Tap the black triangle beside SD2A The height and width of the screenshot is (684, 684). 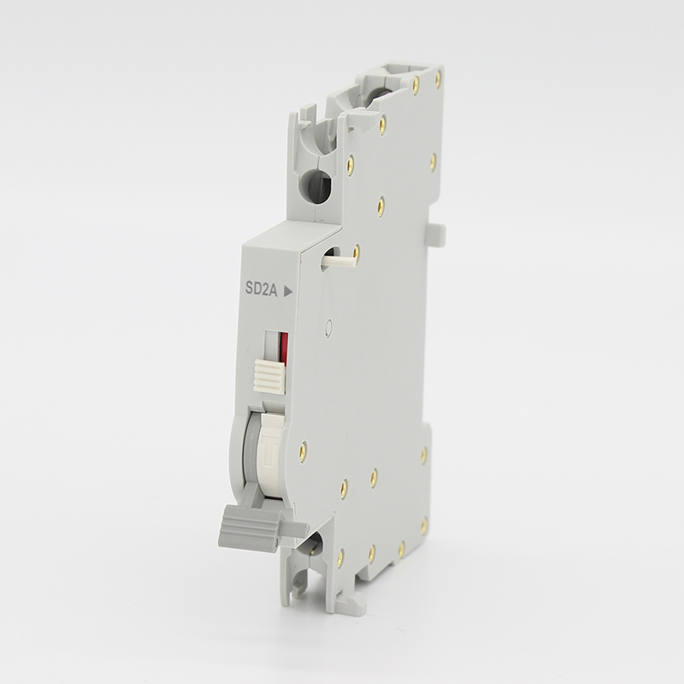pyautogui.click(x=288, y=292)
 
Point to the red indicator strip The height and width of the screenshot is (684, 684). pyautogui.click(x=285, y=347)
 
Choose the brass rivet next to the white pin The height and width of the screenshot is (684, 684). pyautogui.click(x=357, y=251)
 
